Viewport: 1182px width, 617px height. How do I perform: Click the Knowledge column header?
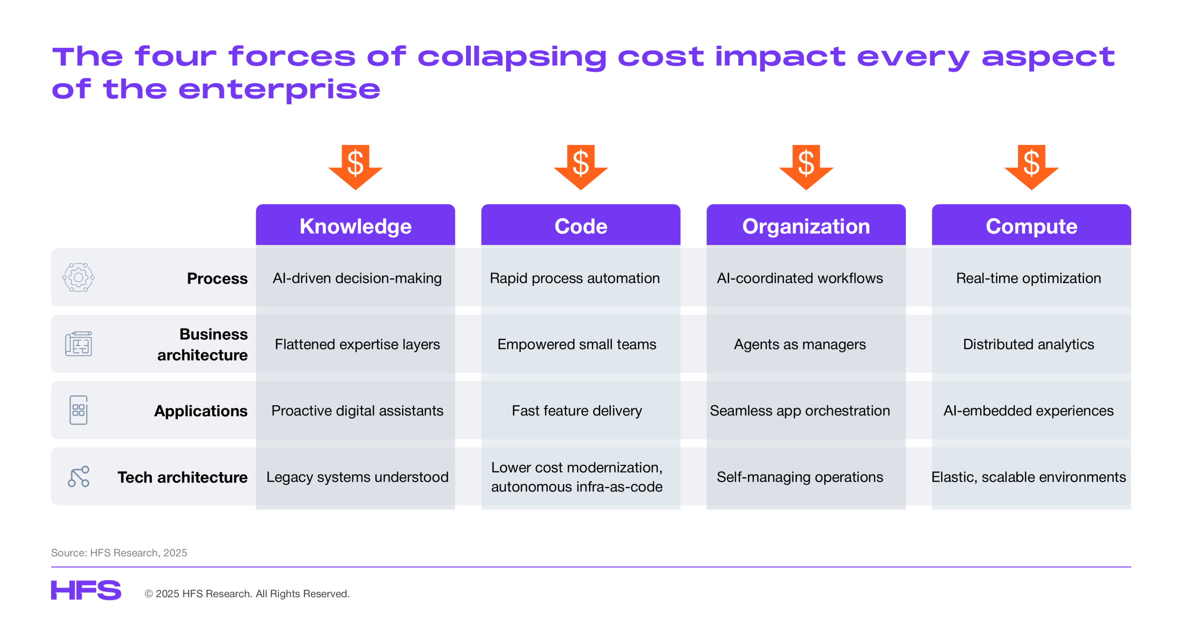[x=355, y=226]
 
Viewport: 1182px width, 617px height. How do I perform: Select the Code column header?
[x=580, y=226]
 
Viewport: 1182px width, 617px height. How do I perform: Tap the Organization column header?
[x=806, y=226]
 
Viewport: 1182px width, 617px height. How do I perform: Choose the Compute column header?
[x=1031, y=226]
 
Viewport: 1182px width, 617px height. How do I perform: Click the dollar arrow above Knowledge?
[x=355, y=167]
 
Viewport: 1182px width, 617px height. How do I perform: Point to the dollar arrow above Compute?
[x=1031, y=167]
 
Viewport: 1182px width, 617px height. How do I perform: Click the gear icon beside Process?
[x=78, y=277]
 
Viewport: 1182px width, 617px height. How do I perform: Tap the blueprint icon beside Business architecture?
[x=78, y=344]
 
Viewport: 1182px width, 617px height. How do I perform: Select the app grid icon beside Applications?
[x=78, y=410]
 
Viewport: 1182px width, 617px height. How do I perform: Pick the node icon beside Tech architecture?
[x=78, y=477]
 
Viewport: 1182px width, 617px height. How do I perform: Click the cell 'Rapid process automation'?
[x=575, y=278]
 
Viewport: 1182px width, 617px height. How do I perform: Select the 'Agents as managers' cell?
[x=800, y=344]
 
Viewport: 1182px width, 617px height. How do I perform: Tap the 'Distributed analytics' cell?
[x=1028, y=344]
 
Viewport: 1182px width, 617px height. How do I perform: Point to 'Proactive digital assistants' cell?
[x=357, y=410]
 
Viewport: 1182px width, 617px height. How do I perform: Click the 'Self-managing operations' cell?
[x=800, y=477]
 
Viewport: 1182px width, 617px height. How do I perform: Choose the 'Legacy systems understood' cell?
[x=357, y=477]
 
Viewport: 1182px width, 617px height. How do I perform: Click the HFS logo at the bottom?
[x=86, y=590]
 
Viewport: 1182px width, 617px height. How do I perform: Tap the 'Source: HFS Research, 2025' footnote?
[x=119, y=552]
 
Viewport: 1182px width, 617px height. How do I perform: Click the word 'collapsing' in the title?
[x=512, y=58]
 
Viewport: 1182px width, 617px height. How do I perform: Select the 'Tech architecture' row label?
[x=182, y=477]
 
